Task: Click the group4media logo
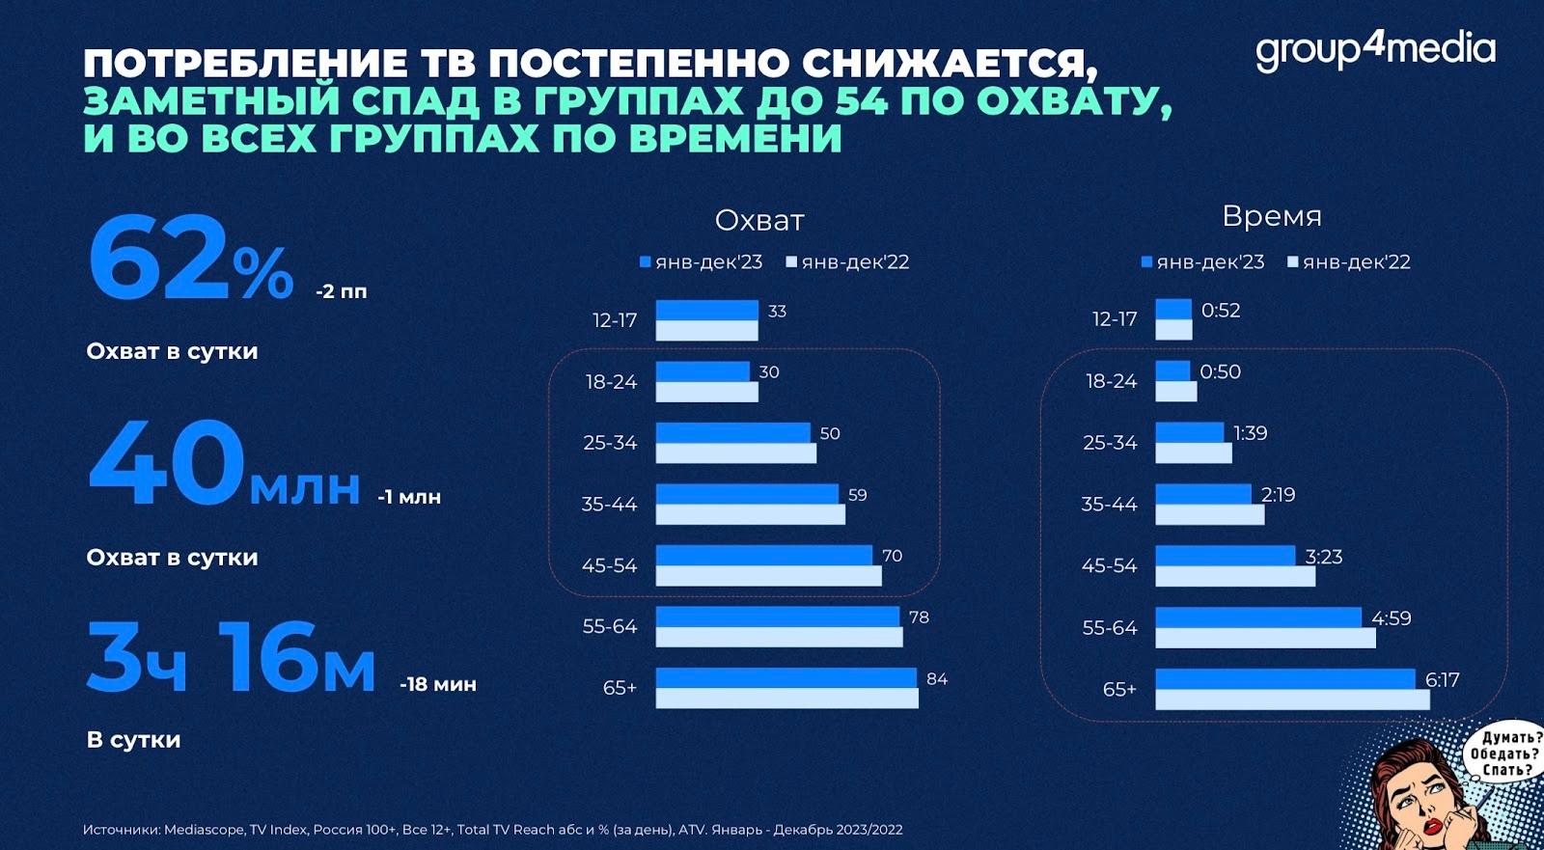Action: coord(1374,50)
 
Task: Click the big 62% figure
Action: coord(190,260)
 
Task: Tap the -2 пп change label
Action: coord(341,291)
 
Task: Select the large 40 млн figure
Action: coord(224,465)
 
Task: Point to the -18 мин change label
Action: coord(437,684)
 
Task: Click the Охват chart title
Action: coord(759,221)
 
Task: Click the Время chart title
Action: coord(1271,216)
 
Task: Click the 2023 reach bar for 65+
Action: coord(786,677)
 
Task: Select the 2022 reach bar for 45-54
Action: coord(768,576)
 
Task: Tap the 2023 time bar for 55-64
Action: coord(1257,617)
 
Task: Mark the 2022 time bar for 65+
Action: coord(1291,699)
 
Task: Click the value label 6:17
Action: coord(1442,679)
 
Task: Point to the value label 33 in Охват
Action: coord(777,311)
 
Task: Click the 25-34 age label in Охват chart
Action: coord(610,443)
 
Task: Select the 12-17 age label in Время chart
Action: coord(1115,319)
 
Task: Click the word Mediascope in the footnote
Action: coord(204,830)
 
